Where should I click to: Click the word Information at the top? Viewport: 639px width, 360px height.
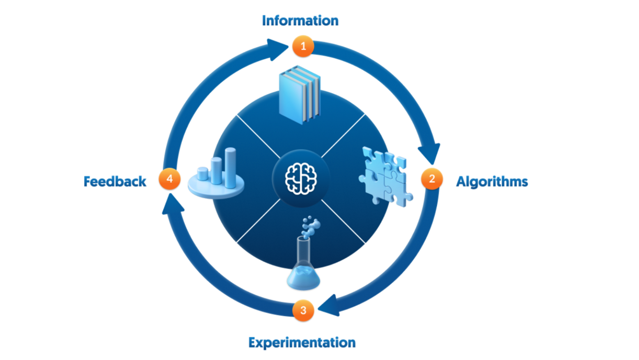click(x=300, y=21)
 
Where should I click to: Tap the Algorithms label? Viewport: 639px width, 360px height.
click(x=492, y=182)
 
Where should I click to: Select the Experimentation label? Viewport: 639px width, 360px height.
click(x=302, y=343)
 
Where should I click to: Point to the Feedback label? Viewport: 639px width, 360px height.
click(x=115, y=181)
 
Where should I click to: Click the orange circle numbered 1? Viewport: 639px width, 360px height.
click(x=303, y=46)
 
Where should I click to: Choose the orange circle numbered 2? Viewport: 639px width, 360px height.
click(x=432, y=179)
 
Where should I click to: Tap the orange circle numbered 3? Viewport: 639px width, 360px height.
click(x=303, y=310)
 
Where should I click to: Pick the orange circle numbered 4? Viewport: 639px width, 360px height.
click(x=170, y=179)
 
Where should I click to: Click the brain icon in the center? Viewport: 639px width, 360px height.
click(x=301, y=179)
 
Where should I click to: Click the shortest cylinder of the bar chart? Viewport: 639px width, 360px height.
click(x=203, y=174)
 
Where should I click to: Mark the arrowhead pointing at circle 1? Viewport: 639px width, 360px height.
click(x=275, y=49)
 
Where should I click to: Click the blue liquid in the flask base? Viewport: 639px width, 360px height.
click(x=303, y=278)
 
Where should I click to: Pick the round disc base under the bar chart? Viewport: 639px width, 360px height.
click(x=216, y=190)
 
